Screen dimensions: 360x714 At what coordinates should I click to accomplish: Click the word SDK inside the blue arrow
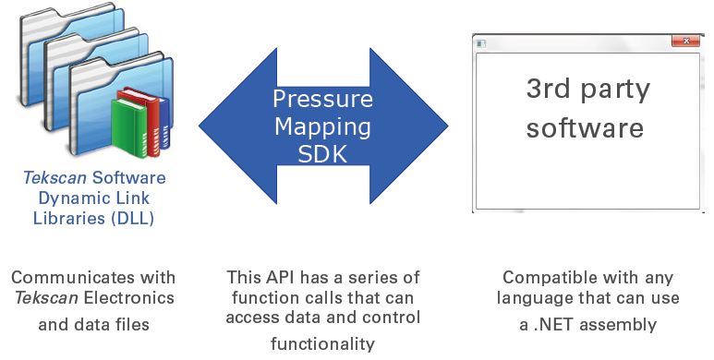coord(322,154)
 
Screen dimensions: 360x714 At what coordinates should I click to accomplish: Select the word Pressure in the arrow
coord(322,99)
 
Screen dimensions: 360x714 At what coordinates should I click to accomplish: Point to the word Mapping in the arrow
coord(322,126)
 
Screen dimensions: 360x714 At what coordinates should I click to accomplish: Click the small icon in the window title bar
coord(479,43)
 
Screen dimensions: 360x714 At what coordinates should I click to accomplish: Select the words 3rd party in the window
coord(587,90)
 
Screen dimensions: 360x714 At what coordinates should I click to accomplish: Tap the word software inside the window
coord(585,126)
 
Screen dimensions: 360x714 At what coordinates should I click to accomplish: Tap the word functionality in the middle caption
coord(322,344)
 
